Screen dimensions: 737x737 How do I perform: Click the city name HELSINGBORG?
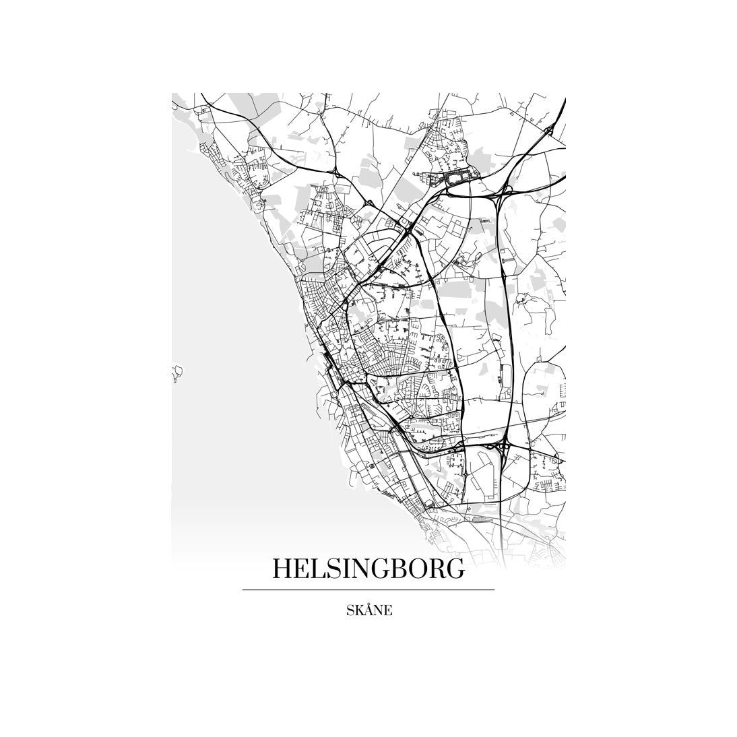368,569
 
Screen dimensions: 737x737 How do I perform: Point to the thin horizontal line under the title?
368,590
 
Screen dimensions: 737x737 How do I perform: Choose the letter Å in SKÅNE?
368,610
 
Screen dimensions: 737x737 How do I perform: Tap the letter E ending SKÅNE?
388,611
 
